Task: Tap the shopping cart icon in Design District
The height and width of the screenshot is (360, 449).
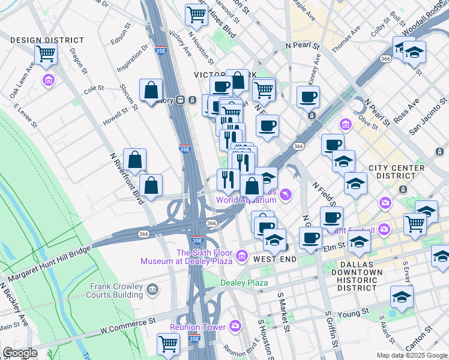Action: click(46, 54)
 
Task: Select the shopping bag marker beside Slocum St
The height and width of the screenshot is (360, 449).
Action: click(151, 90)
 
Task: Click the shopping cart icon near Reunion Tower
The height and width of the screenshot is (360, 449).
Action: click(169, 344)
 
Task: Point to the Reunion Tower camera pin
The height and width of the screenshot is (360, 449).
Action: click(235, 327)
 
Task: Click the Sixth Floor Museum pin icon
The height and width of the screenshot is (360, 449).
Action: click(242, 257)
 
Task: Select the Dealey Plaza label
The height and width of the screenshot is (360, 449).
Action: click(243, 283)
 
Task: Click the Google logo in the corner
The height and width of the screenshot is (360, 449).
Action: click(20, 353)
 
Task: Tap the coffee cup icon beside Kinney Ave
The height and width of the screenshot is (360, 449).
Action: click(309, 97)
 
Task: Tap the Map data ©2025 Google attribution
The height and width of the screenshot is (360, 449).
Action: click(412, 355)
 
